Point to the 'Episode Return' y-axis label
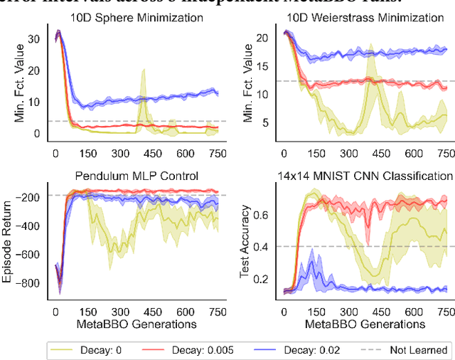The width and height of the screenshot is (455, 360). [x=9, y=242]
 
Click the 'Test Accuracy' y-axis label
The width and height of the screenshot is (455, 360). [x=245, y=242]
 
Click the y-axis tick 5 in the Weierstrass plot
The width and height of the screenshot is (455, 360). [x=267, y=123]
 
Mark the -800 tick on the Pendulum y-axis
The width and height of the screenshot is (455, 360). [x=31, y=283]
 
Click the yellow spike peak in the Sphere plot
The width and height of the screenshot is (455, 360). [x=144, y=70]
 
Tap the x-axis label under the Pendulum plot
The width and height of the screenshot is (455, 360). [x=136, y=324]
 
